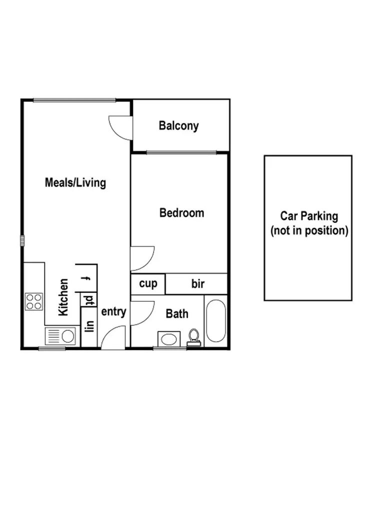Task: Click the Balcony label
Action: [178, 126]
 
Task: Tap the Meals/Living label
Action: [75, 183]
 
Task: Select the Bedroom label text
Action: [181, 213]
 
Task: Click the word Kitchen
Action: [63, 297]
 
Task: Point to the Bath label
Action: [177, 314]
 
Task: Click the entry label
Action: [113, 312]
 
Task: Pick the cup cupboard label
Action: [148, 284]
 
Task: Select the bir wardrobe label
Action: [198, 284]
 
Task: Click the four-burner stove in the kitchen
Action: [34, 302]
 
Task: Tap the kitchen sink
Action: [60, 335]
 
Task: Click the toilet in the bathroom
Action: [194, 337]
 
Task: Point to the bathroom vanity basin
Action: [170, 338]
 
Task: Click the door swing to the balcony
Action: [120, 128]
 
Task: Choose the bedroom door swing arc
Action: [141, 257]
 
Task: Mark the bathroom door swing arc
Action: [140, 313]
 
